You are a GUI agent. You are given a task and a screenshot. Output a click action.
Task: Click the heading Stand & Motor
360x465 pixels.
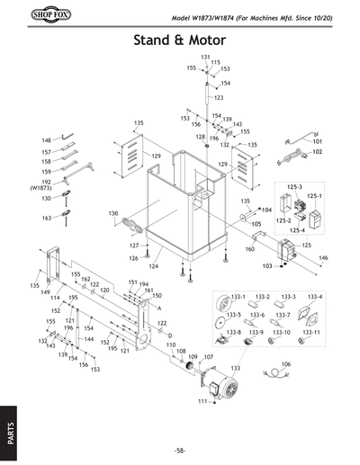coord(180,40)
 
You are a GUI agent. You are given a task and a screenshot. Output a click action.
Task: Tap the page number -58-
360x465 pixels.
coord(180,450)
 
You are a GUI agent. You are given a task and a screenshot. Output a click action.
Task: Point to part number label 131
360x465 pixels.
coord(205,57)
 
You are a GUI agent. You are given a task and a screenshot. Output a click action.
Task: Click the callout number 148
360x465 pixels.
coord(46,140)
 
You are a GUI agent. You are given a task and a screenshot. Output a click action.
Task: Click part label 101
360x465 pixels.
coord(318,141)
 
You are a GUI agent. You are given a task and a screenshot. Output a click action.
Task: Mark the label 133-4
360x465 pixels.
coord(316,296)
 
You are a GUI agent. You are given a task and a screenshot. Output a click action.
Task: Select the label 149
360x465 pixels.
coord(45,291)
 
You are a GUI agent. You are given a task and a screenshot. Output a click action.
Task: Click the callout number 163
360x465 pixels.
coord(46,219)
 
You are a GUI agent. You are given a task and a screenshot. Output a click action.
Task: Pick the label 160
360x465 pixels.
coord(249,248)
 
